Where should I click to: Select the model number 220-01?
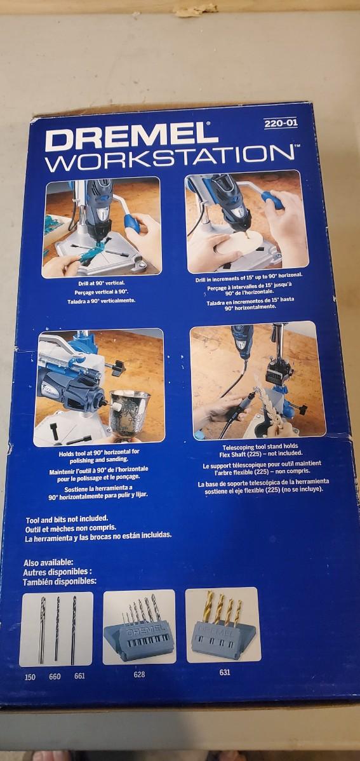point(281,124)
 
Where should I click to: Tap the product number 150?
point(30,677)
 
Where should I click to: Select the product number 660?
point(55,676)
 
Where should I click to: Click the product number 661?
point(79,676)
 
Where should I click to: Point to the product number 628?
point(139,674)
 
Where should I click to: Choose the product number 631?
point(225,672)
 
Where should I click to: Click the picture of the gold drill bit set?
point(223,625)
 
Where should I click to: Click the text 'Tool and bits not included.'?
point(67,518)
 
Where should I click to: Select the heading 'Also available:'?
point(48,563)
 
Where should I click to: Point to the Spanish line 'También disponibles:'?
point(60,581)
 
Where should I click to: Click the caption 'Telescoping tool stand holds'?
point(260,447)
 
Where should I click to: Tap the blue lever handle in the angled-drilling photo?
point(273,200)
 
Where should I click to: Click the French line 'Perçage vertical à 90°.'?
point(102,293)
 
